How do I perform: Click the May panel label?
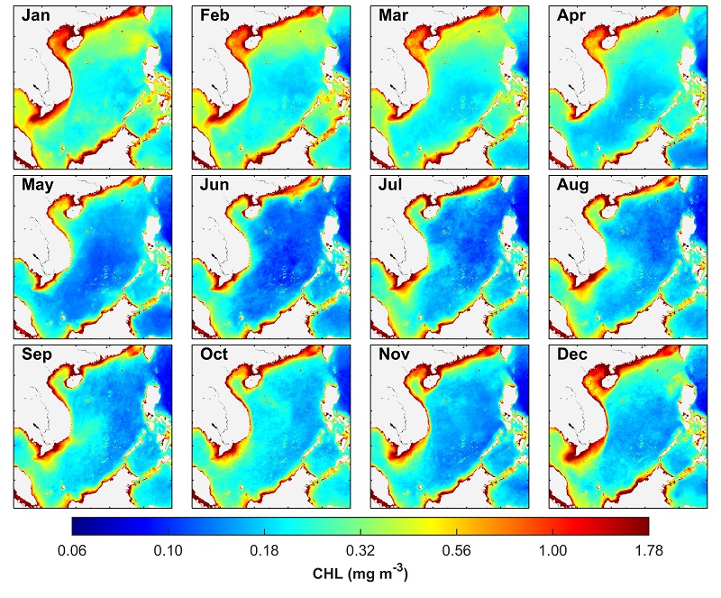pos(34,187)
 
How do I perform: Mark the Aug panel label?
pos(570,187)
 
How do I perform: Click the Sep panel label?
pos(33,355)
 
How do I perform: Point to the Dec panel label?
pos(570,355)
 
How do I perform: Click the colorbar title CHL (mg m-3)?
pos(360,573)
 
